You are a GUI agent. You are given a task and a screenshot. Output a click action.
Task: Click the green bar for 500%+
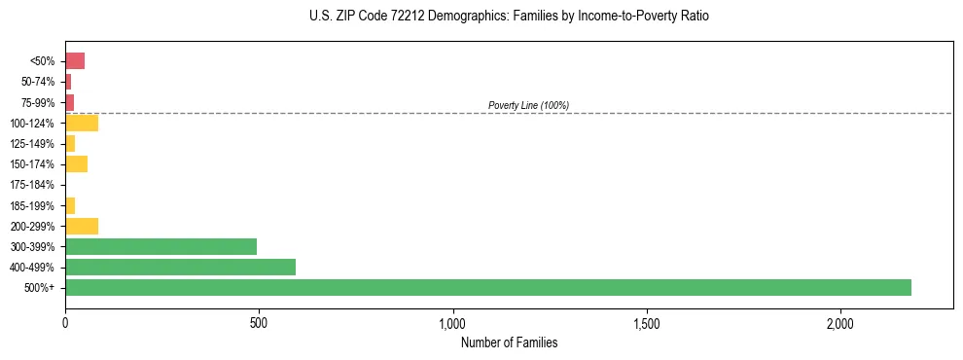tap(488, 287)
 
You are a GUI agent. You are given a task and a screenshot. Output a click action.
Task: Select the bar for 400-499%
tap(180, 267)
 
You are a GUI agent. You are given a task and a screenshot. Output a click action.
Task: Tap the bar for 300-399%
tap(160, 246)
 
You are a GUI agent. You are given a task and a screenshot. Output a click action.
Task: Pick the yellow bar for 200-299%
tap(82, 226)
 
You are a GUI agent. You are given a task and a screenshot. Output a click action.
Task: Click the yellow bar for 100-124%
tap(82, 123)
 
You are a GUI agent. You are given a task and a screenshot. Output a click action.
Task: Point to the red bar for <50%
tap(75, 61)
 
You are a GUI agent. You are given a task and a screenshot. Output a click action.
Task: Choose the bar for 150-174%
tap(76, 163)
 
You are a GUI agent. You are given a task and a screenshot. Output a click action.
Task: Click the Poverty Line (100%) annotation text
tap(528, 105)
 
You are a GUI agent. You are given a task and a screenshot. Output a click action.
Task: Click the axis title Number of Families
tap(509, 342)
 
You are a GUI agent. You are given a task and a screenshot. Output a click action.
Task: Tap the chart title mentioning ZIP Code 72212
tap(509, 17)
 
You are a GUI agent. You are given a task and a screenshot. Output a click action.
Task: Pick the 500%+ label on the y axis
tap(40, 288)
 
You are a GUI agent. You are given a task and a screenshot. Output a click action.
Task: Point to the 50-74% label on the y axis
tap(37, 82)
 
